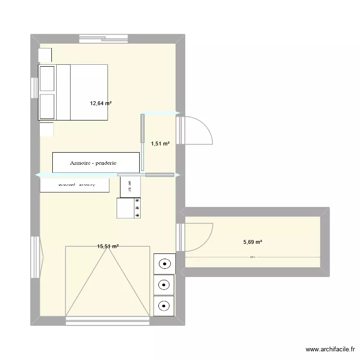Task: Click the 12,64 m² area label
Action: tap(101, 103)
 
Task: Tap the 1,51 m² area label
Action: tap(160, 143)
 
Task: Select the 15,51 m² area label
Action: tap(108, 246)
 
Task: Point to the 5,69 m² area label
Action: tap(252, 242)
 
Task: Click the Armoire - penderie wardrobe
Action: tap(96, 163)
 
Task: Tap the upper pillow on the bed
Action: tap(47, 79)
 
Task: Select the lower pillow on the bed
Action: tap(47, 107)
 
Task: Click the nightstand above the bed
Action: tap(45, 55)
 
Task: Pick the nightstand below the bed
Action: tap(47, 129)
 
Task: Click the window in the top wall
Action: tap(104, 38)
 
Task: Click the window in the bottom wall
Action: tap(108, 322)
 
